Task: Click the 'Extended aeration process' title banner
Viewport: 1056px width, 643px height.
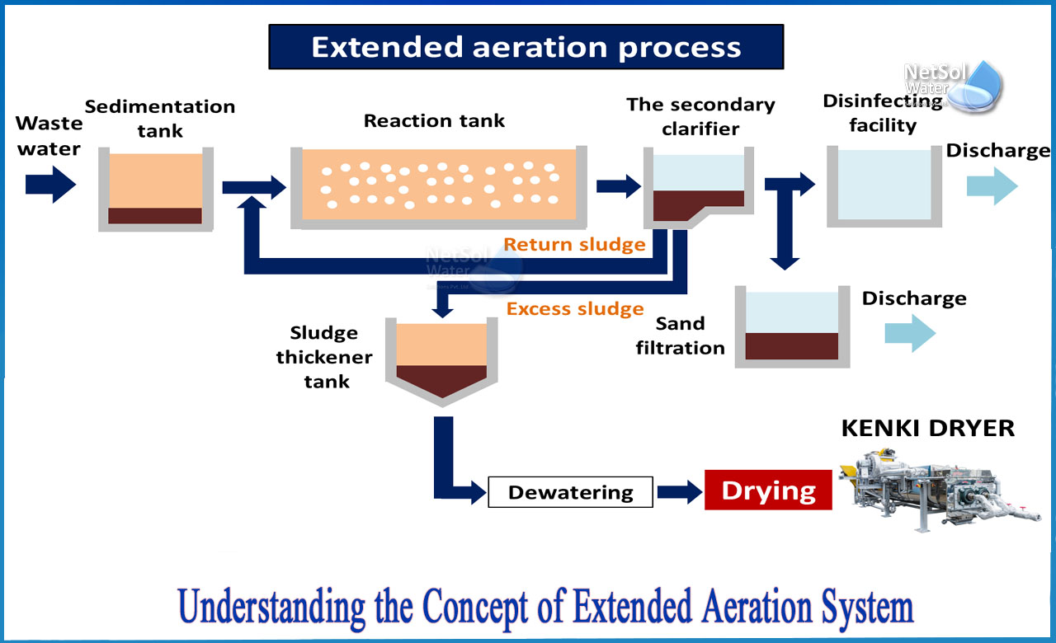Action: pos(526,47)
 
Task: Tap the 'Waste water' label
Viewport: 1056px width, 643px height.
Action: pos(49,136)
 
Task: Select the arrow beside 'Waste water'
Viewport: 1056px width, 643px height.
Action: pos(50,184)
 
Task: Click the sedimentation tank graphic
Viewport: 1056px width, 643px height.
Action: pos(155,189)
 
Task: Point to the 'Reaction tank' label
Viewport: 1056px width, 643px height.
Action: pos(434,120)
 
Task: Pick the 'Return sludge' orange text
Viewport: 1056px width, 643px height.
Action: pos(574,244)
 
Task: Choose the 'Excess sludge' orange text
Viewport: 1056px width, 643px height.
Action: pos(575,309)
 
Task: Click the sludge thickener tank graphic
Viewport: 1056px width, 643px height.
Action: pos(442,358)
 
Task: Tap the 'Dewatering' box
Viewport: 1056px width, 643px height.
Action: pos(570,492)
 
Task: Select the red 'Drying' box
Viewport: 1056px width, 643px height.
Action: pos(768,490)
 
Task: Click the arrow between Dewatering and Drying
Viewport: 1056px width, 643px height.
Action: pos(679,492)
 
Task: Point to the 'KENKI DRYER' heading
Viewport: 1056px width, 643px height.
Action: pos(927,428)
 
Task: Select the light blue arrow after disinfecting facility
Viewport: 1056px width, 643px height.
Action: pos(992,186)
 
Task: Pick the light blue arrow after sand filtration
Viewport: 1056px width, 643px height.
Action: pos(910,334)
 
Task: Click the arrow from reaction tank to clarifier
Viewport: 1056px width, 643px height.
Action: pos(618,185)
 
